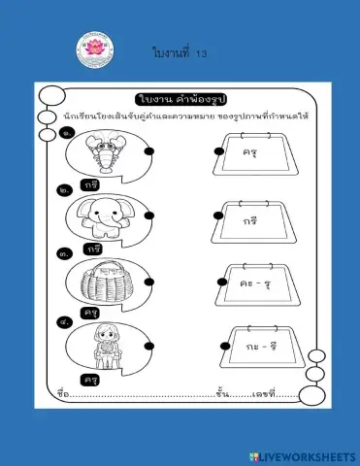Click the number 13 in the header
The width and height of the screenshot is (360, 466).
coord(202,54)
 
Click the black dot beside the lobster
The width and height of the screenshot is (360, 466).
coord(148,152)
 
